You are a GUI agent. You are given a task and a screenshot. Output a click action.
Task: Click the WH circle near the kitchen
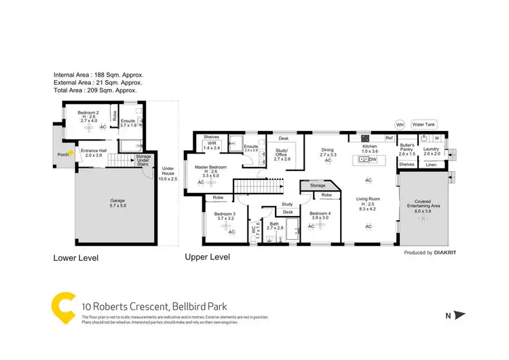400,125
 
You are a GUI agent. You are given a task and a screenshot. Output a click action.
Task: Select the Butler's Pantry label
407,151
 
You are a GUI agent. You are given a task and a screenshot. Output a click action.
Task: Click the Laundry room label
432,150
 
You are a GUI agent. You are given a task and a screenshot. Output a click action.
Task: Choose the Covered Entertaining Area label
423,206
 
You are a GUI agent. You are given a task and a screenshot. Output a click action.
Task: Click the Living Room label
369,199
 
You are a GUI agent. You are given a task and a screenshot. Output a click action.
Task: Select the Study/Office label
282,152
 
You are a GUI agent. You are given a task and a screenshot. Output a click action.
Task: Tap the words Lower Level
76,258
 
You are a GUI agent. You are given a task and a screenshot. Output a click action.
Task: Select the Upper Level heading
207,257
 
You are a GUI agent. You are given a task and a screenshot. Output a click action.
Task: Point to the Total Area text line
96,90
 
